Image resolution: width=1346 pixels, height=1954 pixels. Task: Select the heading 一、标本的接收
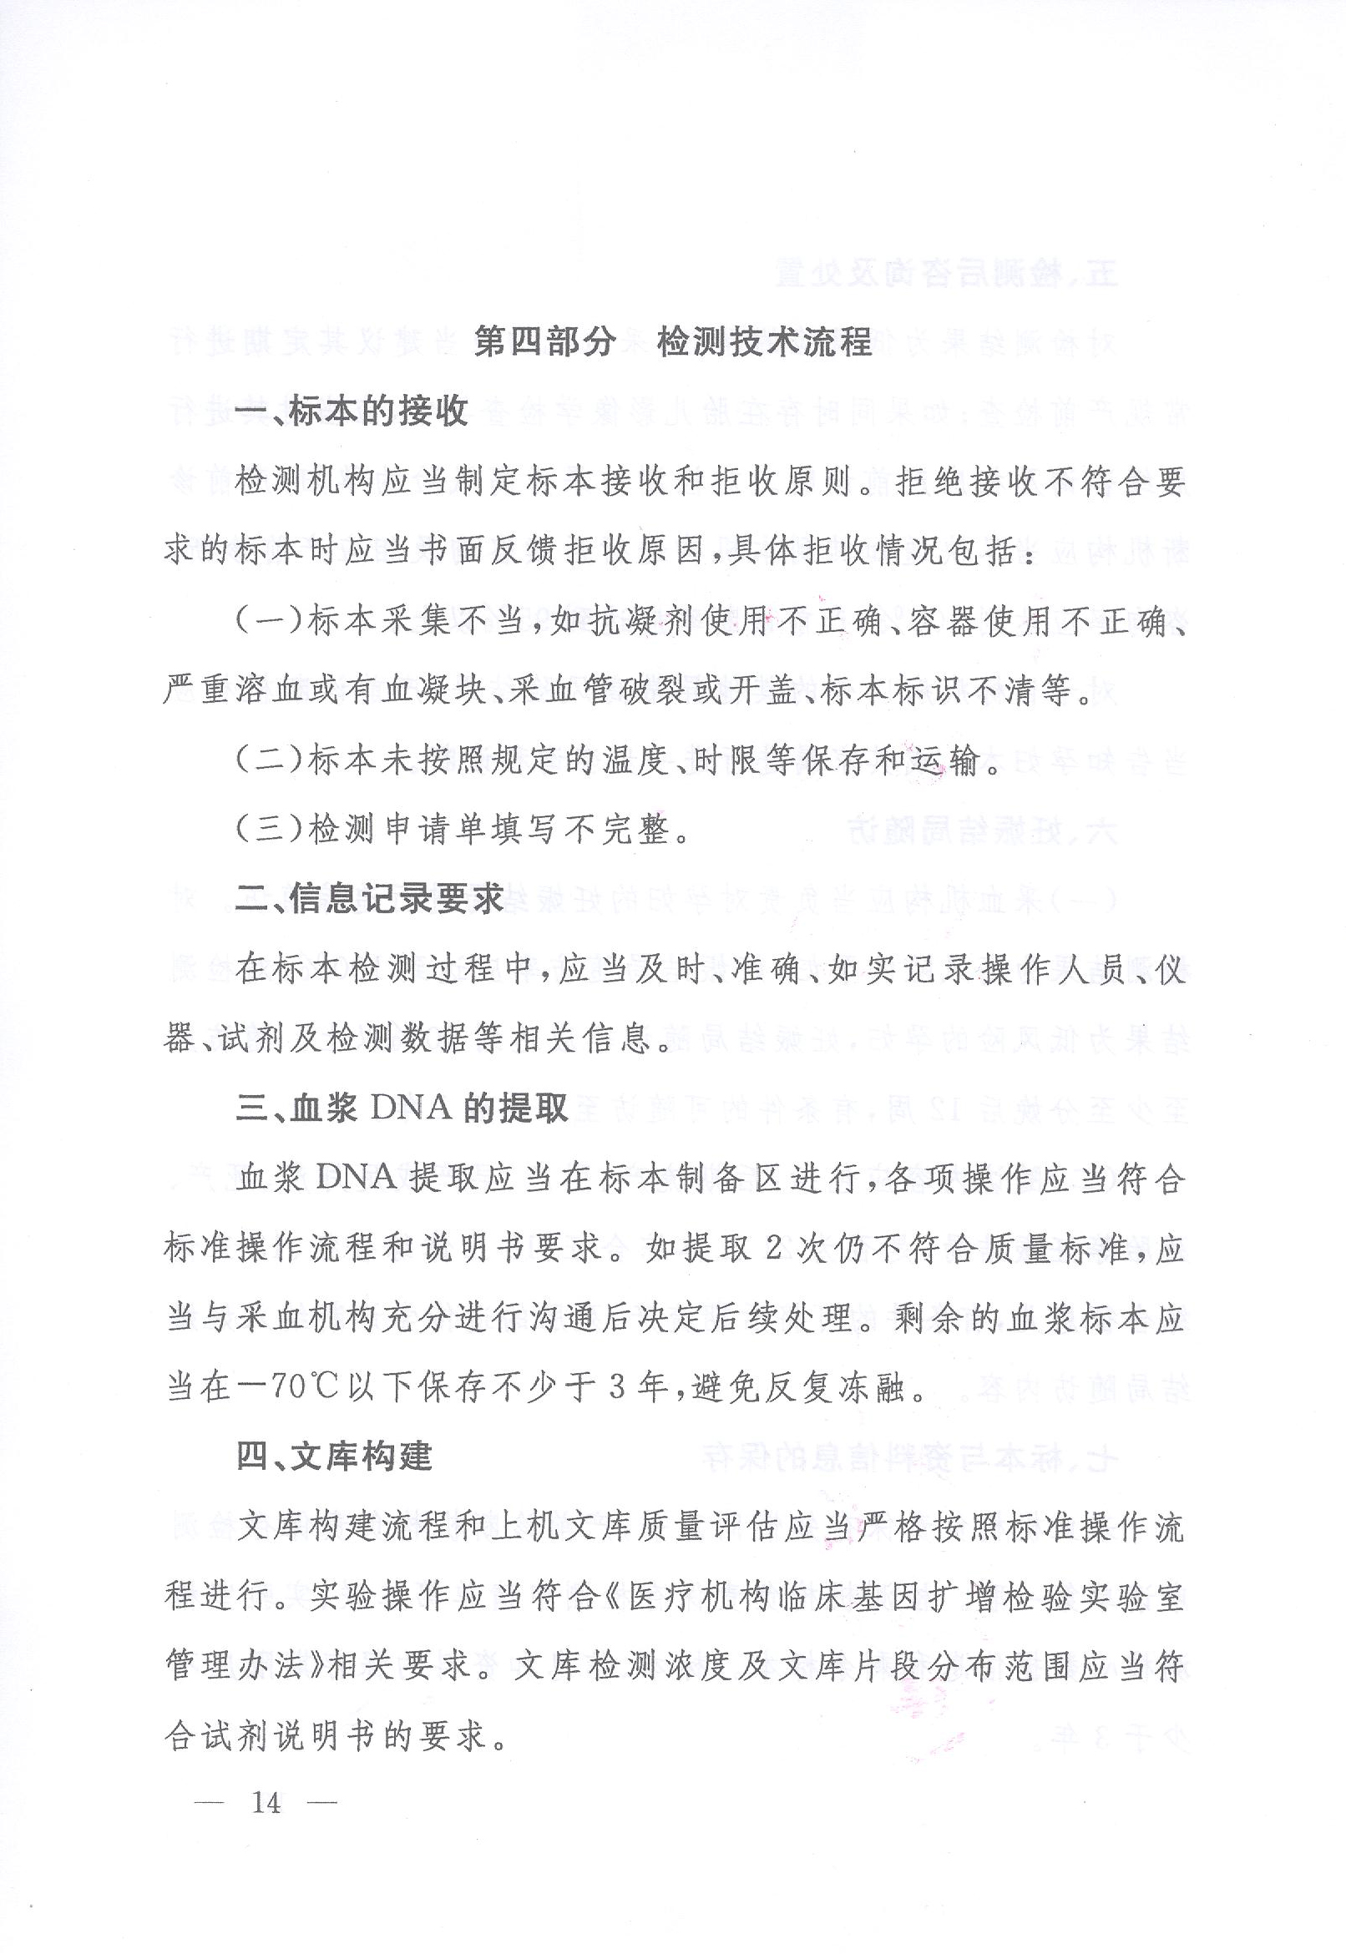click(x=352, y=412)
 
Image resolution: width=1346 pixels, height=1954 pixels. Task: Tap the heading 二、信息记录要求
click(x=369, y=900)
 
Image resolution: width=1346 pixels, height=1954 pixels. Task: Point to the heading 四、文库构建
click(x=334, y=1456)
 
